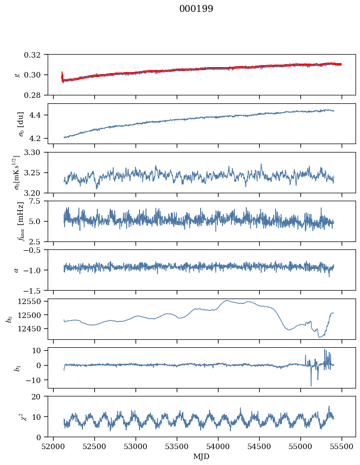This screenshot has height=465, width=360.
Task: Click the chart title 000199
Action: point(196,9)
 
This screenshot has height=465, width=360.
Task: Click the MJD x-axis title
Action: point(202,456)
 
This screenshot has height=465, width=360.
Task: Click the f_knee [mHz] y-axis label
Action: point(20,221)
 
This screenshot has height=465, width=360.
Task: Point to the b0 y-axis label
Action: point(8,319)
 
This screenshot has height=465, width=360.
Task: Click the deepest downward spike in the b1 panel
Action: point(311,386)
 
